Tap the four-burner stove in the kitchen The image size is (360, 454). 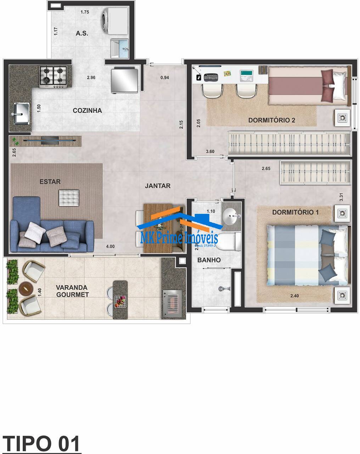[54, 77]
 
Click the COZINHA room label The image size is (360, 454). [87, 111]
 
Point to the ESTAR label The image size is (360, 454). [50, 182]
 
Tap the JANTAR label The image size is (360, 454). [158, 186]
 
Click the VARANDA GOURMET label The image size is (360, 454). [72, 291]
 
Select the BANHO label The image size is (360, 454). [209, 260]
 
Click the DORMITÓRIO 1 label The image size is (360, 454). [296, 212]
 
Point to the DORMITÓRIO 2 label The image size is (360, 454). [271, 120]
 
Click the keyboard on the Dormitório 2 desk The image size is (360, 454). [211, 77]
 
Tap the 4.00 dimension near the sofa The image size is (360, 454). [110, 246]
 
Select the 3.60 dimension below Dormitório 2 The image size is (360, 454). [210, 151]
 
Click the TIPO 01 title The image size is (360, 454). [41, 443]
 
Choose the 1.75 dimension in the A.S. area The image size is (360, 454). [85, 12]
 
